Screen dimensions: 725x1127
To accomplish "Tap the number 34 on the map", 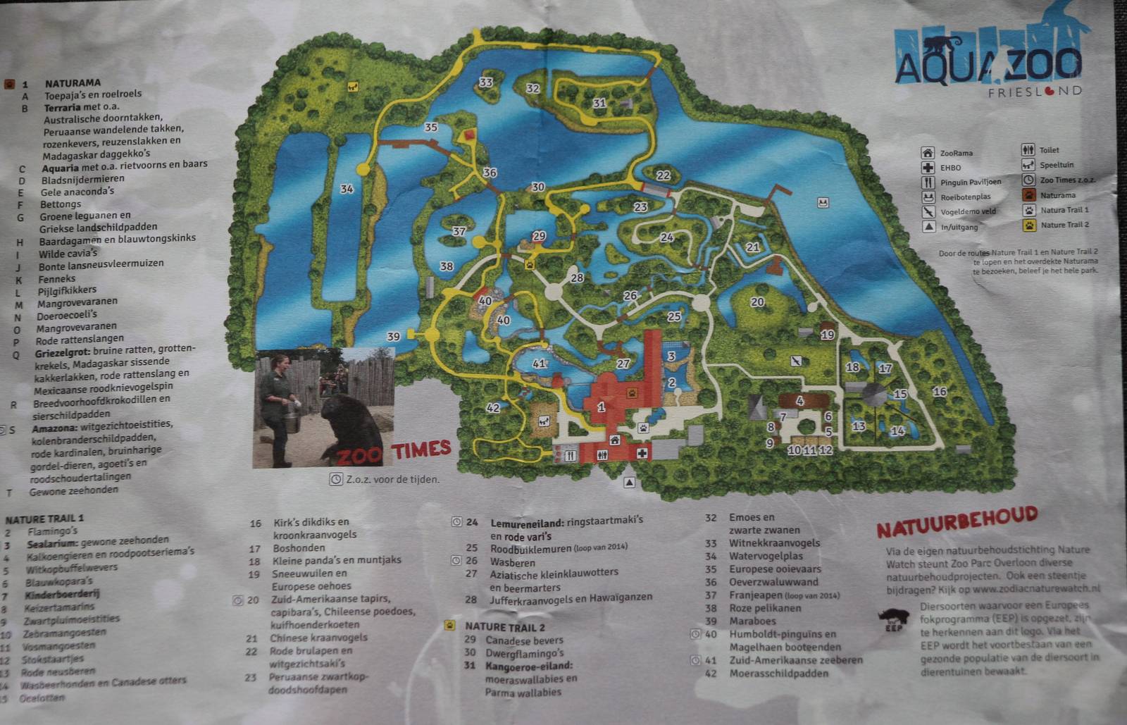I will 347,189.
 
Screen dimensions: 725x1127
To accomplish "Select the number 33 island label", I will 485,82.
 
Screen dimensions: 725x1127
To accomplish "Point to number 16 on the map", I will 939,392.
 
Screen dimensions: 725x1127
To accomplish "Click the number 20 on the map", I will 757,302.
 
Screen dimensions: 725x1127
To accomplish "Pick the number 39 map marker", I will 393,337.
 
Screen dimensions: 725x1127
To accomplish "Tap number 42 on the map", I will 493,408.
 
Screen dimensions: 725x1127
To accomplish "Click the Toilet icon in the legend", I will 1028,150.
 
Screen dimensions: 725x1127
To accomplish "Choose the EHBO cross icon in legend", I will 928,168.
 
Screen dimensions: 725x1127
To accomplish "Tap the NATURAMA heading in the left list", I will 73,82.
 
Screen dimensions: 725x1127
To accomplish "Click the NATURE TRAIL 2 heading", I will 504,626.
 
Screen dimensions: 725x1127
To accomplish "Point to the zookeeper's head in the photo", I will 279,364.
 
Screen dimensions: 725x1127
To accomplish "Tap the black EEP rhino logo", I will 893,619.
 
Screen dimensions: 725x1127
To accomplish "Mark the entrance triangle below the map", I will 630,483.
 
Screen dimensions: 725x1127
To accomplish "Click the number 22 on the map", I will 663,175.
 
